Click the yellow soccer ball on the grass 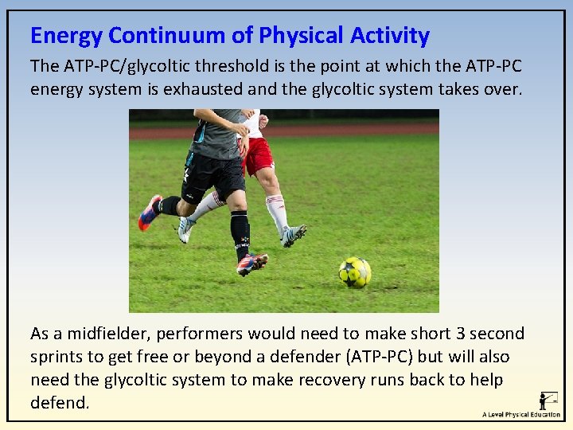click(355, 272)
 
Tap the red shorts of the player click(259, 155)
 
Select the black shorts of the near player click(212, 175)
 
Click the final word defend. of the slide click(60, 403)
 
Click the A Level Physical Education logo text click(521, 415)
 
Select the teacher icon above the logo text click(548, 400)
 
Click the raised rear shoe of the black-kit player click(150, 213)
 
